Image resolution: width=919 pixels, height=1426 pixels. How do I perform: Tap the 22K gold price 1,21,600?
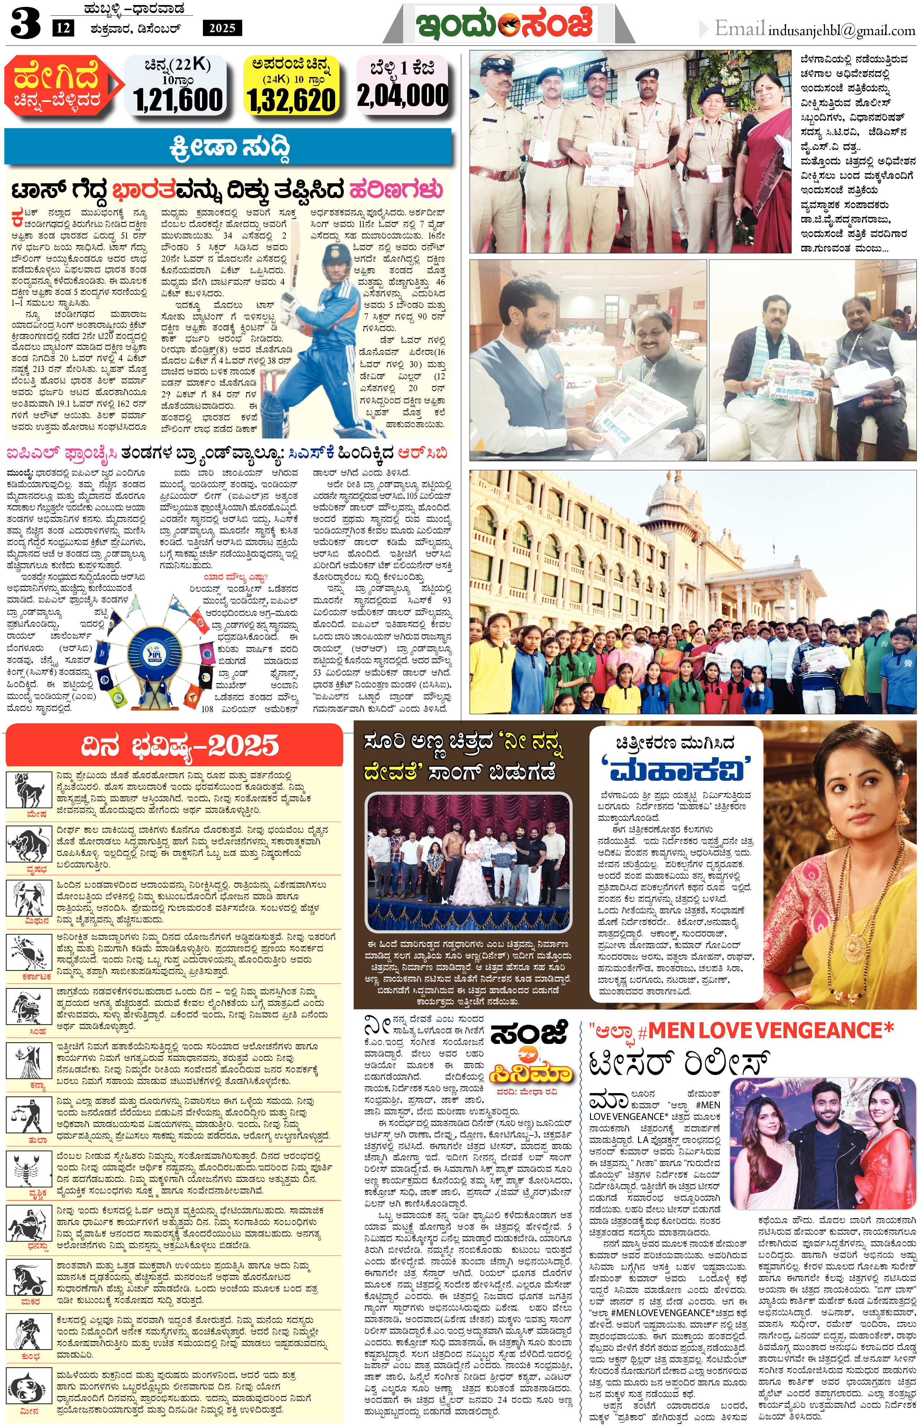[178, 99]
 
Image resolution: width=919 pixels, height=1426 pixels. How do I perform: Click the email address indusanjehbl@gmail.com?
[841, 30]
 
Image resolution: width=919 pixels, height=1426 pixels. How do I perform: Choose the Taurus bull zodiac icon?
[28, 844]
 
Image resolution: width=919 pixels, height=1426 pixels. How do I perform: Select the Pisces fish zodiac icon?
[28, 1387]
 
